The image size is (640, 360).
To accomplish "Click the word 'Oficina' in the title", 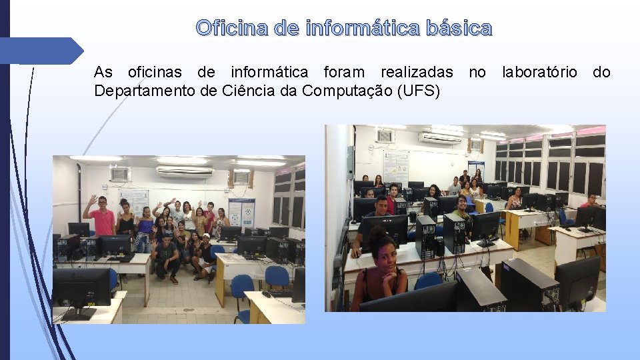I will point(230,29).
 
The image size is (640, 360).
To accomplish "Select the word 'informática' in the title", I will point(364,29).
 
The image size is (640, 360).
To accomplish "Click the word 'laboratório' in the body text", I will point(539,72).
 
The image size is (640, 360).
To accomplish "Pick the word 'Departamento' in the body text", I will point(145,91).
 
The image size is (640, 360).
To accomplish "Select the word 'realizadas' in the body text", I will point(417,72).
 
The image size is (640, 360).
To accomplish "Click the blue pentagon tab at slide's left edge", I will point(40,51).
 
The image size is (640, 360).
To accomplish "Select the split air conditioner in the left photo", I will point(185,172).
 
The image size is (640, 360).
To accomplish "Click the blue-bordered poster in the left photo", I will point(241,212).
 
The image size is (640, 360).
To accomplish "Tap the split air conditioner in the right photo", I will point(439,137).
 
